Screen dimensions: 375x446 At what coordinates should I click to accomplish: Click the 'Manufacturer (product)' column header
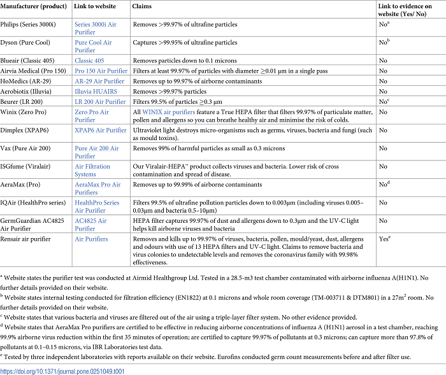click(38, 6)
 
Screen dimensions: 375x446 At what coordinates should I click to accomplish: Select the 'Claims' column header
click(142, 6)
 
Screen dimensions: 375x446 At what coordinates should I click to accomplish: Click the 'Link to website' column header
click(96, 6)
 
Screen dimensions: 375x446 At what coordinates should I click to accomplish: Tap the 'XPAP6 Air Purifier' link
click(100, 130)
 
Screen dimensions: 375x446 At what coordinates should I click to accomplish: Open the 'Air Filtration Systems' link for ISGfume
click(94, 170)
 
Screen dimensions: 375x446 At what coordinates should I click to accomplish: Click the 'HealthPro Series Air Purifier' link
click(97, 206)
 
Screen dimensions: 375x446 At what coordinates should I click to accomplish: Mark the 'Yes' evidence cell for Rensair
click(384, 239)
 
